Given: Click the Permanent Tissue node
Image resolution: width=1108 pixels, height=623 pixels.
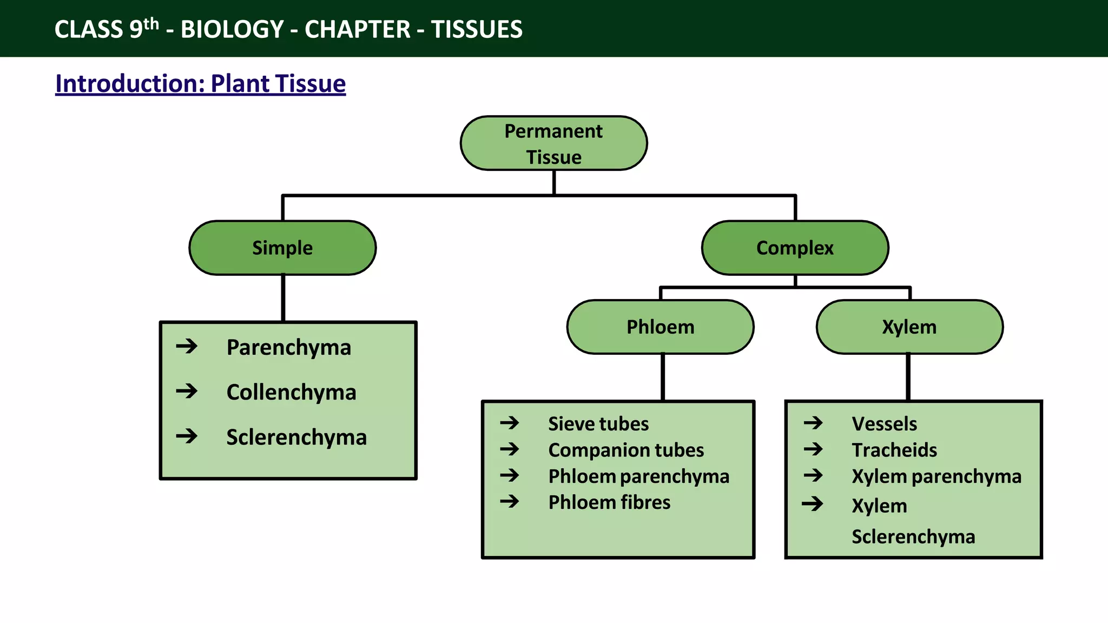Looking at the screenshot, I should [x=553, y=143].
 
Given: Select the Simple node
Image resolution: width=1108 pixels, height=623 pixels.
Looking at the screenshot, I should [x=282, y=248].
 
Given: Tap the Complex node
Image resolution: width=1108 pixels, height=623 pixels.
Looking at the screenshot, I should [x=795, y=248].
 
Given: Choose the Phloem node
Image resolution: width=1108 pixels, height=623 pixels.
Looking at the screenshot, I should [x=660, y=327].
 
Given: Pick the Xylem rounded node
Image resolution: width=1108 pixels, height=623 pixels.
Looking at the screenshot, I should [x=909, y=327].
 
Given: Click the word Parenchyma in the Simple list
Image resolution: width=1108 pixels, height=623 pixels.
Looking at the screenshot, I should [x=288, y=347].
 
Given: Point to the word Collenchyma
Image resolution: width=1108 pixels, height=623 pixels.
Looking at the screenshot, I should [x=291, y=392].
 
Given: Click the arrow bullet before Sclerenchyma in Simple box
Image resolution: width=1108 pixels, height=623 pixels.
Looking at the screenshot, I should [x=187, y=435].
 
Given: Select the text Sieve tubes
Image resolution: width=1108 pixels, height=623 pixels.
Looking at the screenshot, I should [x=598, y=423].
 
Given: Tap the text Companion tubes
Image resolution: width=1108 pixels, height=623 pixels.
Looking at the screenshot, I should [x=626, y=450].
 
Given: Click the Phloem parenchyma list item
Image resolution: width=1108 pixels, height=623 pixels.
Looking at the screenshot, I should [x=638, y=476].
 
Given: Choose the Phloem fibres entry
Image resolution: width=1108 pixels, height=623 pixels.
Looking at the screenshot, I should [x=609, y=502].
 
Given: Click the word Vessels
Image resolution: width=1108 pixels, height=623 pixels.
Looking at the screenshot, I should [x=884, y=423].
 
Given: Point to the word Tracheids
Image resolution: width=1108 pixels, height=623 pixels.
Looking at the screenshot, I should [x=894, y=450].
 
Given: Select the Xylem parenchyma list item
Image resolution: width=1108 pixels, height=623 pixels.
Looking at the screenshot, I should [x=936, y=476].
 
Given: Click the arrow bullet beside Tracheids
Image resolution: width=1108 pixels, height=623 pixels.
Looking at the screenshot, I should [x=813, y=449].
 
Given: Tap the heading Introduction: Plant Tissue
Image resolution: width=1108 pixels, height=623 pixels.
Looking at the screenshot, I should [x=200, y=84].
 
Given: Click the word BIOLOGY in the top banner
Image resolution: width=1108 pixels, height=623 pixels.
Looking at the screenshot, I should [x=232, y=29].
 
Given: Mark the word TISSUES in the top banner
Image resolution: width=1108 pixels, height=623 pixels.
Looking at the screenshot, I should [x=477, y=29].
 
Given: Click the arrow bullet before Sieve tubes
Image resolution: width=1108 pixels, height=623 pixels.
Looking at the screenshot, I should [x=510, y=422].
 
